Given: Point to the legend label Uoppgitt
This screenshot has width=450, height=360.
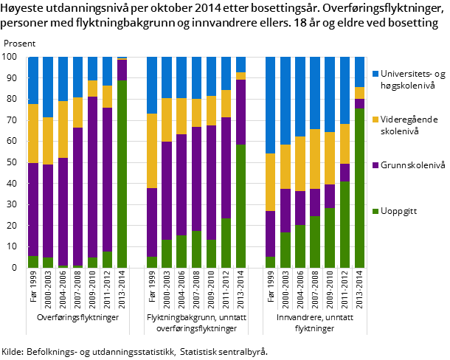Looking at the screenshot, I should (400, 211).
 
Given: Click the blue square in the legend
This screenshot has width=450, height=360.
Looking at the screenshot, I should (375, 74).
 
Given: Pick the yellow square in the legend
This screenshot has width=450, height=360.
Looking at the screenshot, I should (375, 120).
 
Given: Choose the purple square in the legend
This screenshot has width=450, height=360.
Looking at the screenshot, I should (375, 165).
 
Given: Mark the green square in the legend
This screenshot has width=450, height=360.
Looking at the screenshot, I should (375, 211).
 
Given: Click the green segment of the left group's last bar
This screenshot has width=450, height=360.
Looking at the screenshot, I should (122, 173).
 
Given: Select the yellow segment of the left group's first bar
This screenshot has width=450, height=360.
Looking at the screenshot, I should (33, 134).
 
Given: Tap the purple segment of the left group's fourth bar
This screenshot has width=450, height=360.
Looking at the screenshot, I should (77, 196).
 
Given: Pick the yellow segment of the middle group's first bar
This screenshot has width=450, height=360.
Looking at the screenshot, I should (152, 150).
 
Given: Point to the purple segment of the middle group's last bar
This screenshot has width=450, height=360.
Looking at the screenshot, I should (240, 111).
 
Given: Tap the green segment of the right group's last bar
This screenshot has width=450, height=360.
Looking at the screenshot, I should (359, 187).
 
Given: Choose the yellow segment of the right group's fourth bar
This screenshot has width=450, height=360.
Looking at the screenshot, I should (315, 159).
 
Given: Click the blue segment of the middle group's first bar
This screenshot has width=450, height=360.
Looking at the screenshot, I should (152, 86).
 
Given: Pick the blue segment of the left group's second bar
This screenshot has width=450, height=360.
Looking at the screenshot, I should (48, 87).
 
